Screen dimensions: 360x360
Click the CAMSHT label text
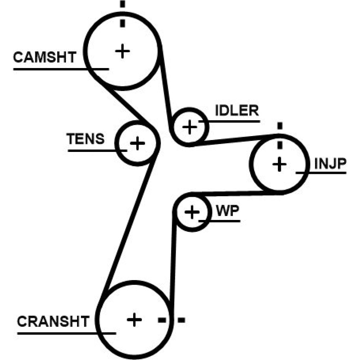point(45,57)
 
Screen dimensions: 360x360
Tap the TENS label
point(86,139)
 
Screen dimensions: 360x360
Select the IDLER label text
point(237,110)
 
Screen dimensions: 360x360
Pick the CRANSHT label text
point(53,321)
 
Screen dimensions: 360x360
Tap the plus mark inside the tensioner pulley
point(137,143)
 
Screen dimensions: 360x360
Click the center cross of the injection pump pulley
point(279,165)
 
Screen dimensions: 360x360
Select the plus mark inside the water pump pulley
point(192,212)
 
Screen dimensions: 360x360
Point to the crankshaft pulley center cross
point(134,319)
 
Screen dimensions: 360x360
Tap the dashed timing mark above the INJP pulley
point(280,137)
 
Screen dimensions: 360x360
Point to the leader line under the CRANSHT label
point(67,333)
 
